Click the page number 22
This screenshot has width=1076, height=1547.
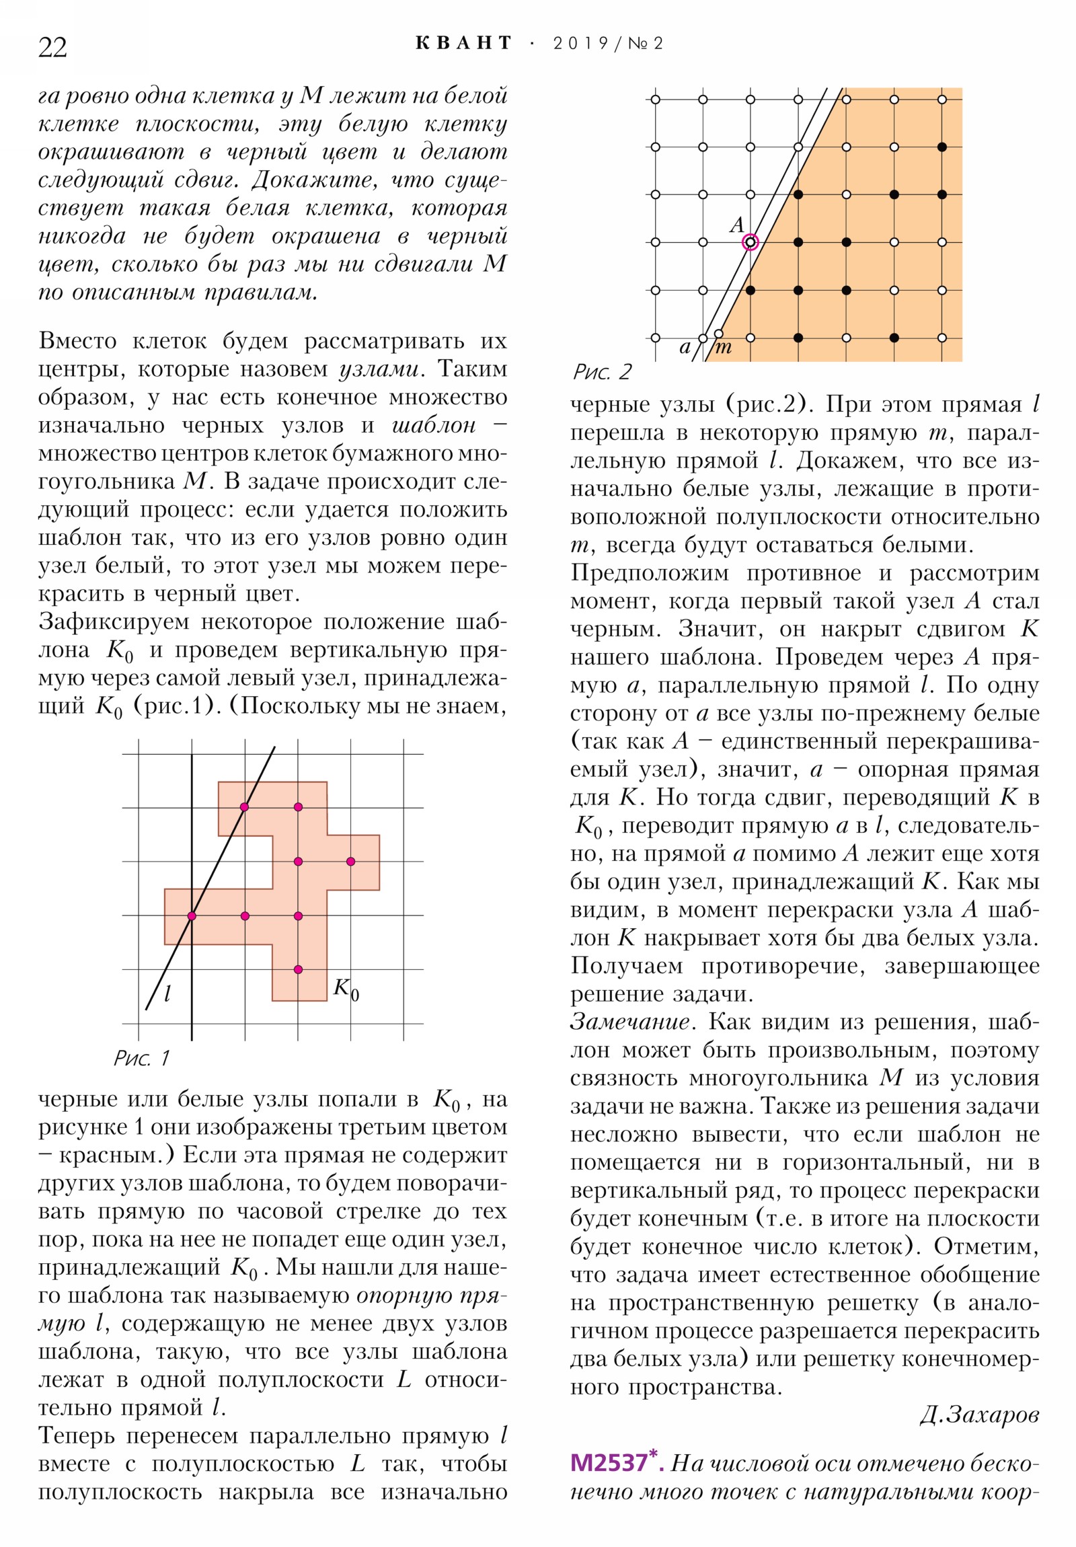pos(52,48)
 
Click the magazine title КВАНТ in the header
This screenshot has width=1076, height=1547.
pos(463,43)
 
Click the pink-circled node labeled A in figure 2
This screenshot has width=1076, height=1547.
pos(751,242)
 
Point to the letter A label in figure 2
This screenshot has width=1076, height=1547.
pos(737,225)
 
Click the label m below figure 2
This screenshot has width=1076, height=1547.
pos(724,348)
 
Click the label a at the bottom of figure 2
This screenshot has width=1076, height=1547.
pos(685,348)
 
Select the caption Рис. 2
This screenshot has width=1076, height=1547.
pos(603,371)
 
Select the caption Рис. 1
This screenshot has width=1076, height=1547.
pos(141,1058)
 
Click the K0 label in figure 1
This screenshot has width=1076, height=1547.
pos(346,989)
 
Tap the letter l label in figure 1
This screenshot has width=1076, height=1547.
pos(167,993)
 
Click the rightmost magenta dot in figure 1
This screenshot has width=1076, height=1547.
pos(350,861)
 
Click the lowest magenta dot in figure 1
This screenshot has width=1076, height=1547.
pos(298,970)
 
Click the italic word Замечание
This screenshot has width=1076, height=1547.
pos(631,1022)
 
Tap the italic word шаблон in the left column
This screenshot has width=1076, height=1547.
pos(434,425)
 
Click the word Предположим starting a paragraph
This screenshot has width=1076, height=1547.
pos(649,573)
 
